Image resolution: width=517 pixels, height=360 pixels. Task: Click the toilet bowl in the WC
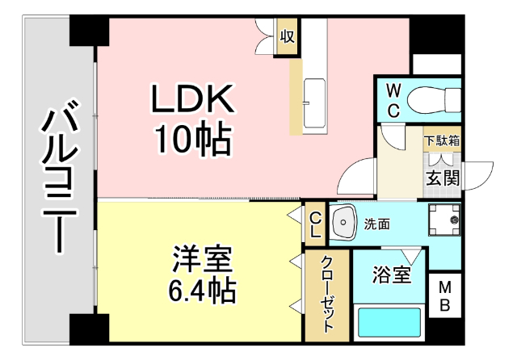(x=431, y=100)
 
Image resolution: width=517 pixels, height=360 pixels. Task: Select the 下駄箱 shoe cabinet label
(x=442, y=140)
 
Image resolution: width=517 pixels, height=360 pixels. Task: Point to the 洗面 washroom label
(x=377, y=223)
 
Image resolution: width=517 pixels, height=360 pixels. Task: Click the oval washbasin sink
(x=345, y=222)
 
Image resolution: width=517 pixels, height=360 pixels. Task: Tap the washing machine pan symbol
(x=443, y=218)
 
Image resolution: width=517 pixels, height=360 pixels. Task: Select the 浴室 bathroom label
(x=392, y=276)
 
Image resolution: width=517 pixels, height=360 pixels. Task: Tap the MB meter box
(x=445, y=296)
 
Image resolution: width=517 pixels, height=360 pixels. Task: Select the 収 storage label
(x=287, y=36)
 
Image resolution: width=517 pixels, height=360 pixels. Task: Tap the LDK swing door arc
(x=359, y=178)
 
